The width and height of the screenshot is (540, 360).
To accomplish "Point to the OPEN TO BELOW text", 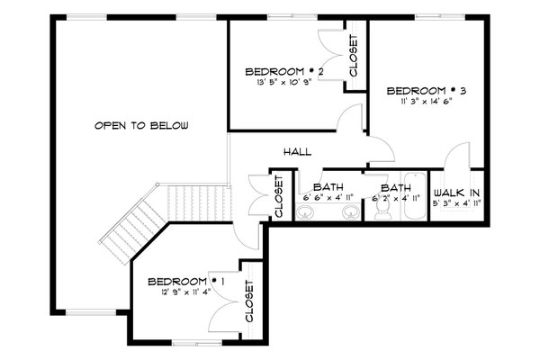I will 141,126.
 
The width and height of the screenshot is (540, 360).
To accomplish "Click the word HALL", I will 296,152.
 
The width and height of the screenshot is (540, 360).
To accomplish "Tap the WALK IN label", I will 457,193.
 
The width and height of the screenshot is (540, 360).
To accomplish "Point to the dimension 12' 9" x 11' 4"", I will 184,291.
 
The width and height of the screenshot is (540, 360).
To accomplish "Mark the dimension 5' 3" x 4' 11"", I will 457,204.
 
